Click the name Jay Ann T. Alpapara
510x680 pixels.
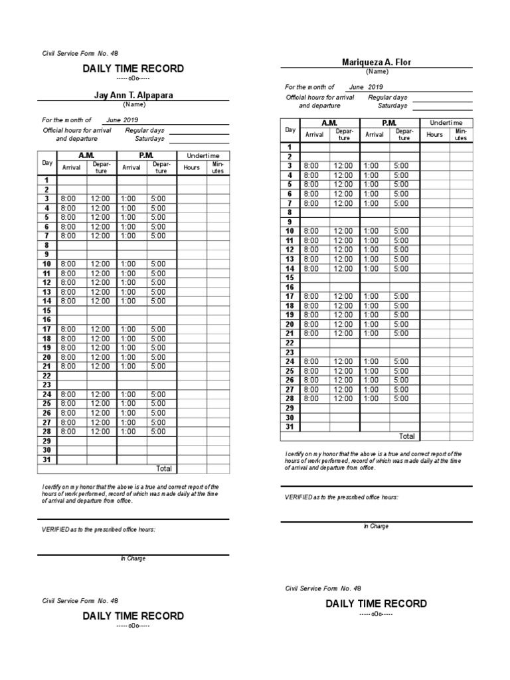(133, 95)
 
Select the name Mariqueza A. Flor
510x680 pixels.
(377, 62)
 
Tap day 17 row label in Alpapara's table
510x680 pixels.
(47, 329)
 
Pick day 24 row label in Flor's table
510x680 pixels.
(290, 361)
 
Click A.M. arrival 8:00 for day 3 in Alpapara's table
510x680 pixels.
(68, 199)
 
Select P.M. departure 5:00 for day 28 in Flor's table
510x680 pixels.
(401, 398)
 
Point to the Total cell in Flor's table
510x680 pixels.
(406, 436)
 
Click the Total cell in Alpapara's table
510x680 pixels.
(163, 468)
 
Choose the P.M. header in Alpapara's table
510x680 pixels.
(146, 155)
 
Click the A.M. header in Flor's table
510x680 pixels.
(329, 123)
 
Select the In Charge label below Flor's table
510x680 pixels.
(376, 526)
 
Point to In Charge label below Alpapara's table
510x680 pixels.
(133, 558)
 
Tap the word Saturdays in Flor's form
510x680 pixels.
(392, 106)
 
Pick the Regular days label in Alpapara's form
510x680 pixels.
(145, 130)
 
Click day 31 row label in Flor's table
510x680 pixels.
(290, 426)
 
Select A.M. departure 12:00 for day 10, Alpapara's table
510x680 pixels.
(102, 264)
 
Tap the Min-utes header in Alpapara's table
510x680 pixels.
(218, 167)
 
